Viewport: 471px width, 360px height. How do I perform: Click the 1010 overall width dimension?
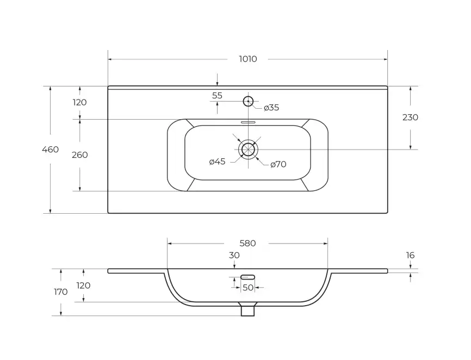(x=248, y=59)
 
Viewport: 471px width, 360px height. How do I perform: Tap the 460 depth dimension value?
(x=50, y=149)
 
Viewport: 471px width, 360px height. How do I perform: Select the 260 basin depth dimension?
(x=79, y=155)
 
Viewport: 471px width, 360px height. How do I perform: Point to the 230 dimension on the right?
(x=410, y=117)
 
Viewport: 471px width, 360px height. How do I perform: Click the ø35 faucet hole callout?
(x=271, y=108)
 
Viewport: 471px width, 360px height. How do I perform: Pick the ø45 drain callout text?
(x=217, y=162)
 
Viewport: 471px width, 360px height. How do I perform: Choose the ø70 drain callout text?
(x=278, y=164)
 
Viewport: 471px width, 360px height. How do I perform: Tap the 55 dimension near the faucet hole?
(x=217, y=96)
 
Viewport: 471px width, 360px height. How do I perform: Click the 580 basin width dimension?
(x=247, y=243)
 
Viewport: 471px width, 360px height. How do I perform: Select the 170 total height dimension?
(x=61, y=292)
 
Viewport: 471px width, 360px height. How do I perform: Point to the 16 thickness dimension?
(x=410, y=255)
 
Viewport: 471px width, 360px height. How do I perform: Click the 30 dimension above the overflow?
(x=234, y=255)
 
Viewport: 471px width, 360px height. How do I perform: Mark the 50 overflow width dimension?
(x=248, y=288)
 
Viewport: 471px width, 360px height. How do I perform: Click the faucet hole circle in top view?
(x=248, y=101)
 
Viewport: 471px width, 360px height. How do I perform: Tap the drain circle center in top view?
(x=248, y=149)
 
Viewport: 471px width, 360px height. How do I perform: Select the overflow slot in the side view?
(x=248, y=277)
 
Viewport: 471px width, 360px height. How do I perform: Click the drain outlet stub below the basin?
(x=248, y=309)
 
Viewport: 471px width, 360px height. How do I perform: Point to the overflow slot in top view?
(x=248, y=122)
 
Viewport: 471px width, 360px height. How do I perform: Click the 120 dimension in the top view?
(x=79, y=102)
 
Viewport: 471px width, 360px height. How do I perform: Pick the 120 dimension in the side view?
(x=83, y=285)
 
